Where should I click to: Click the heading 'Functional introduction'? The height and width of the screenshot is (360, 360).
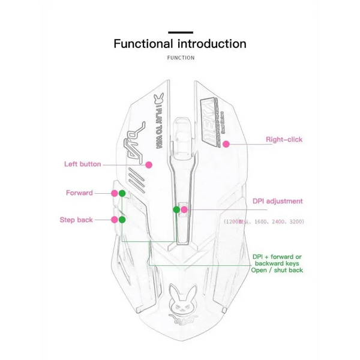(x=180, y=44)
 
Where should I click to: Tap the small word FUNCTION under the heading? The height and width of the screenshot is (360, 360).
(x=181, y=58)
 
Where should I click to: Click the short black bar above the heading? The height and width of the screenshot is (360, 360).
(x=180, y=32)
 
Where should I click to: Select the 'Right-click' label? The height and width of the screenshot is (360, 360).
(x=284, y=140)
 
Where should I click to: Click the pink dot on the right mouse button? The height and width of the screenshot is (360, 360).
(x=226, y=144)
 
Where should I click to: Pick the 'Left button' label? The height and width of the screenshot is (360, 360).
(x=83, y=164)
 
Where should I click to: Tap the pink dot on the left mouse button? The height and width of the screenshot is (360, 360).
(x=149, y=164)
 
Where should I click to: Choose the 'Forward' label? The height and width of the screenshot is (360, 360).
(x=79, y=193)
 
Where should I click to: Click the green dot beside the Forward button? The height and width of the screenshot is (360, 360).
(x=122, y=193)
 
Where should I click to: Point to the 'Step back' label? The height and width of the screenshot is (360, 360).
(x=76, y=220)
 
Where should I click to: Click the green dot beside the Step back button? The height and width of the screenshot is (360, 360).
(x=122, y=220)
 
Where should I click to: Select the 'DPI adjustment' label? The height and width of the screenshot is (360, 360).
(x=277, y=202)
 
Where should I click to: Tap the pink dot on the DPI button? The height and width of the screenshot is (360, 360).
(x=185, y=209)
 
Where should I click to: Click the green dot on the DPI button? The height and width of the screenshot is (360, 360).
(x=176, y=209)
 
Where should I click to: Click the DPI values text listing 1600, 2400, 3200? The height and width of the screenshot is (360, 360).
(x=264, y=222)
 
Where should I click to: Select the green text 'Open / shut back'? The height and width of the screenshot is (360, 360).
(x=277, y=271)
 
